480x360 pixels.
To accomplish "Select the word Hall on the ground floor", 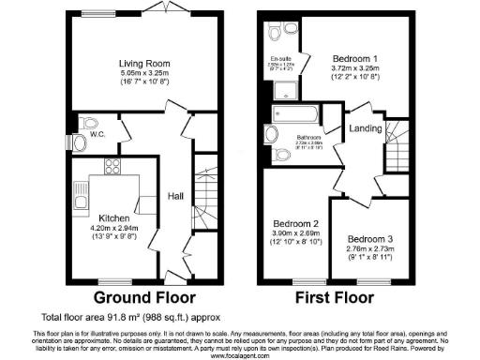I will tap(175, 196).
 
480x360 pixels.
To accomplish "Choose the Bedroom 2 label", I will tap(291, 223).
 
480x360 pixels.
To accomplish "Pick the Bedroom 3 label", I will tap(363, 239).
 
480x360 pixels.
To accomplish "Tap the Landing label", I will tap(363, 128).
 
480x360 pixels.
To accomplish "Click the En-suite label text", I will tap(280, 58).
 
